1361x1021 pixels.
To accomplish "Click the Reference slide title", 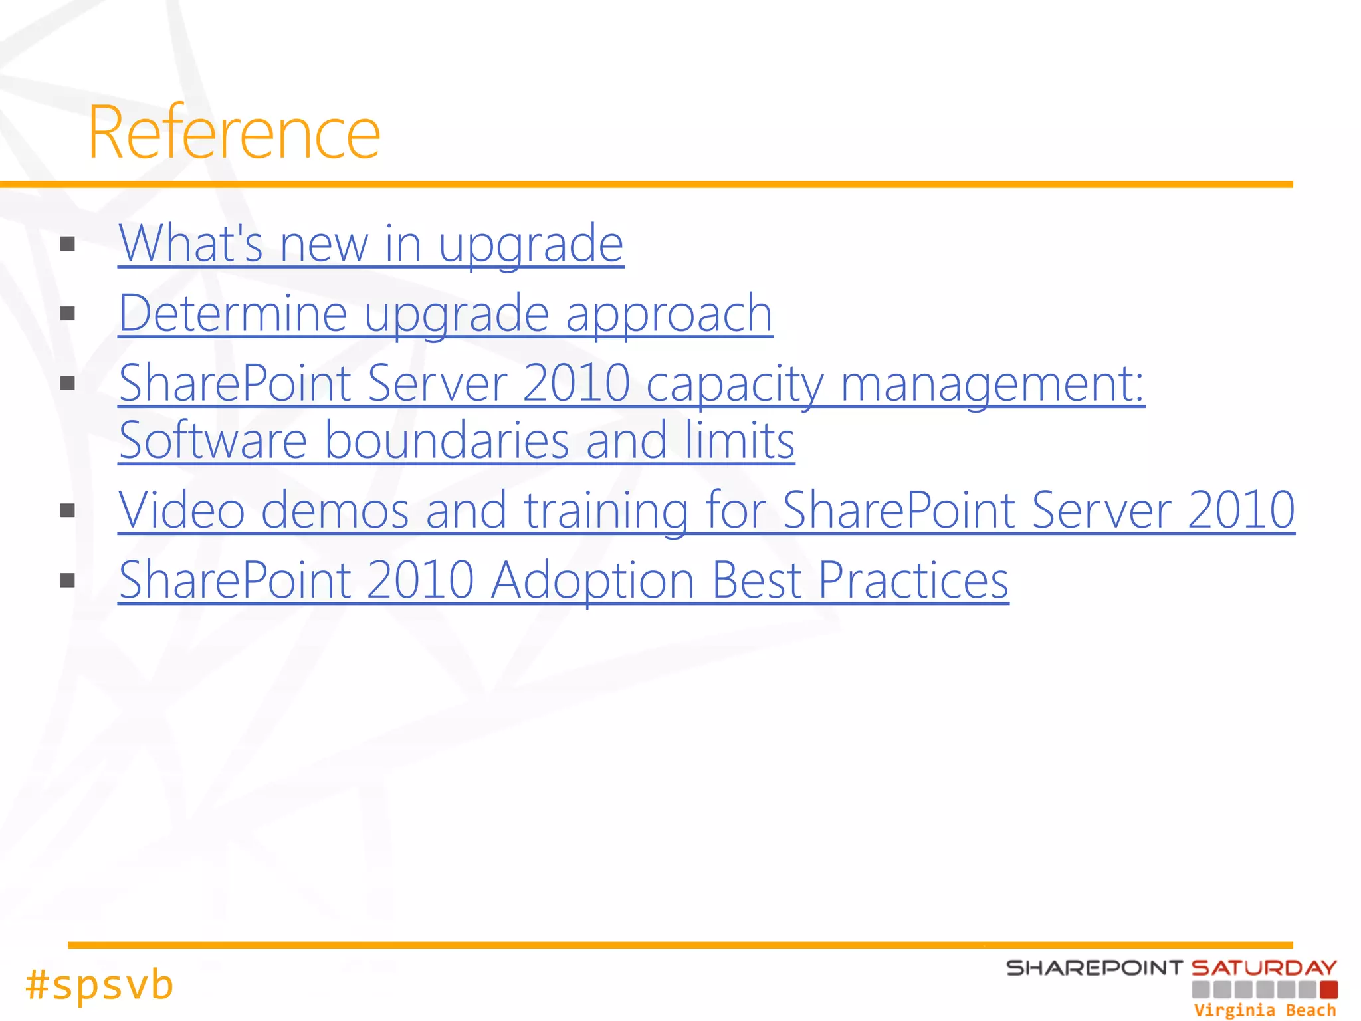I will pos(234,133).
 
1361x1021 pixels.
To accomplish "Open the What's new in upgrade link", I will pos(371,244).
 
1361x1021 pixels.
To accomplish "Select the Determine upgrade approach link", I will pos(445,314).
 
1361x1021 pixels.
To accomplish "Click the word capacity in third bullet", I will pos(734,384).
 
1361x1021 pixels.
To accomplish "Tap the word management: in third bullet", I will pos(992,384).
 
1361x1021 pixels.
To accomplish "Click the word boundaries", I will pos(447,441).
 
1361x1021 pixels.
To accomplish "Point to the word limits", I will pos(740,441).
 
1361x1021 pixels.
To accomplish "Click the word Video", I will pos(181,510).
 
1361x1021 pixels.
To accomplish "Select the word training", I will pos(605,510).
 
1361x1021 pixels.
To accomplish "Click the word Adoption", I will pos(593,580).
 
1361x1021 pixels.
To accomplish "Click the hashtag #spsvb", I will pos(100,984).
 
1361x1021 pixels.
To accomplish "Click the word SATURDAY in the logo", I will pos(1264,968).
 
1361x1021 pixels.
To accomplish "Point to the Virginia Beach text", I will pos(1265,1010).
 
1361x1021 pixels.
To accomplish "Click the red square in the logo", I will pos(1328,990).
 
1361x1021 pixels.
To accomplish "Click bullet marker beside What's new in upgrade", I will pos(67,244).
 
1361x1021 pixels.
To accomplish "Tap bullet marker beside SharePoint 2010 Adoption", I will pos(67,580).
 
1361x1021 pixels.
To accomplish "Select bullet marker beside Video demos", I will pos(67,510).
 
